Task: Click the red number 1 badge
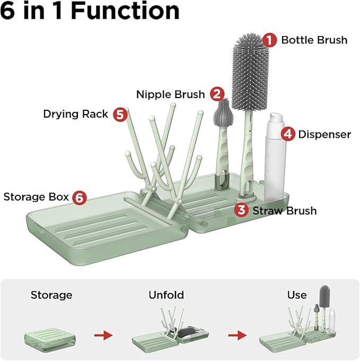click(x=270, y=40)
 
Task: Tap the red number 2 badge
click(x=216, y=94)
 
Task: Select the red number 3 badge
click(x=241, y=210)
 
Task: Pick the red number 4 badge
click(x=288, y=134)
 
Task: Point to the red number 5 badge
click(x=120, y=114)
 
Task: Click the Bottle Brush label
click(x=314, y=40)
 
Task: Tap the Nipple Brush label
click(x=170, y=94)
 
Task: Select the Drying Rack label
click(x=75, y=114)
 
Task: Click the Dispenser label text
click(x=324, y=134)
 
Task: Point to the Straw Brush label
click(x=284, y=210)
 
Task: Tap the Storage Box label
click(x=36, y=197)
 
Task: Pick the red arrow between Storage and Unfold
click(x=103, y=335)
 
